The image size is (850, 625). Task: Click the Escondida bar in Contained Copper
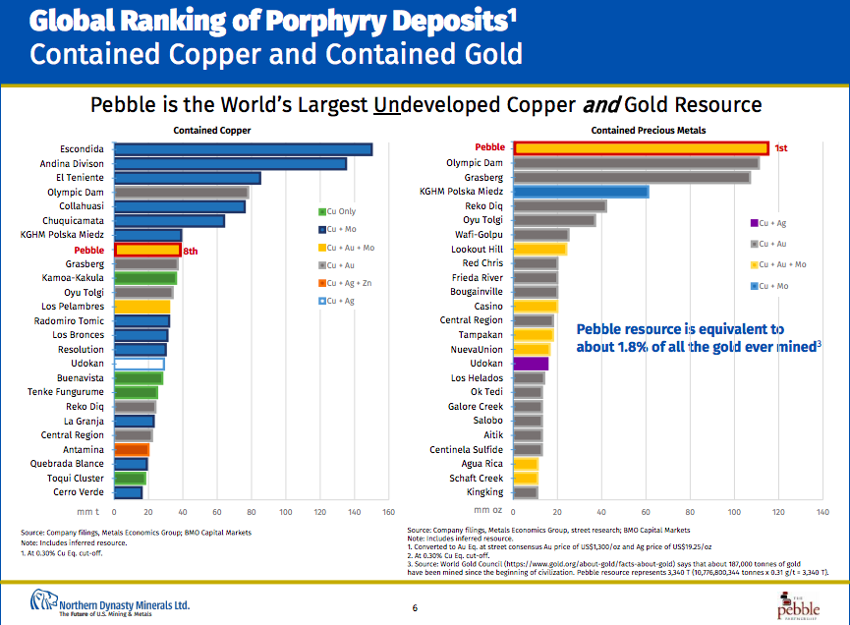(243, 149)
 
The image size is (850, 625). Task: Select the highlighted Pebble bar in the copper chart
(147, 250)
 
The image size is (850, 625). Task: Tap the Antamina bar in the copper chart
(132, 449)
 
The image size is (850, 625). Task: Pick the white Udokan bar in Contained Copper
(140, 364)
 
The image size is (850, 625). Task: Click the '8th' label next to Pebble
(191, 251)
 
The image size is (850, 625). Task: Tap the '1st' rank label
(781, 148)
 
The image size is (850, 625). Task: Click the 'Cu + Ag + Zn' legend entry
(348, 283)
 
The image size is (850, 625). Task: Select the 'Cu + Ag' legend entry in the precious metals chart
(768, 224)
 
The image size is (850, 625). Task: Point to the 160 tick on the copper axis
(387, 511)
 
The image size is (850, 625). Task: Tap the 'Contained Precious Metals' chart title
(648, 130)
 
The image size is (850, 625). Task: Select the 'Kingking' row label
(484, 492)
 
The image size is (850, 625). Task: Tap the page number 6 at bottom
(415, 608)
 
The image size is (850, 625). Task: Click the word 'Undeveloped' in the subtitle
(431, 104)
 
